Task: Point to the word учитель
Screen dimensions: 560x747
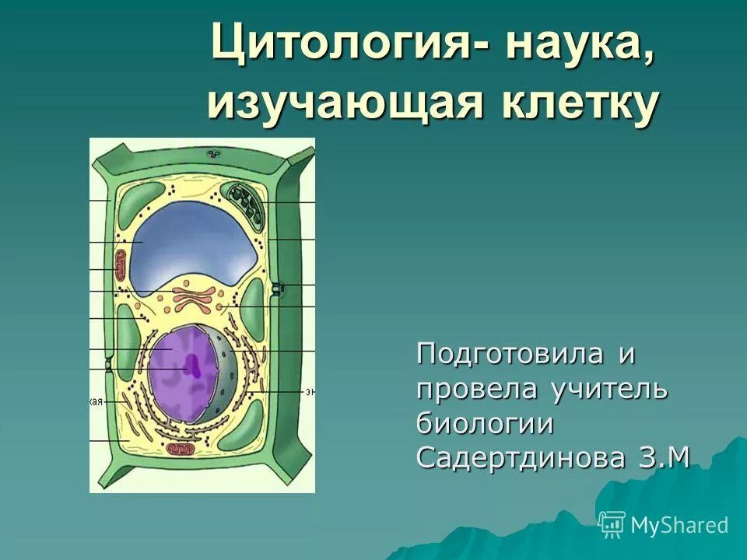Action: click(609, 388)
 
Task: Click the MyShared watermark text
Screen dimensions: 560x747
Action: click(678, 525)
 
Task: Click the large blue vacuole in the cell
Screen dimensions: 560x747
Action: click(195, 237)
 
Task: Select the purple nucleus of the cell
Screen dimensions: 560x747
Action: click(175, 373)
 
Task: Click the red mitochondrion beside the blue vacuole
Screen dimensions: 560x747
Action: click(120, 265)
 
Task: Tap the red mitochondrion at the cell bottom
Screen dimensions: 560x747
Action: click(181, 450)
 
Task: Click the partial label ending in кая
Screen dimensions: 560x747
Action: click(96, 401)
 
